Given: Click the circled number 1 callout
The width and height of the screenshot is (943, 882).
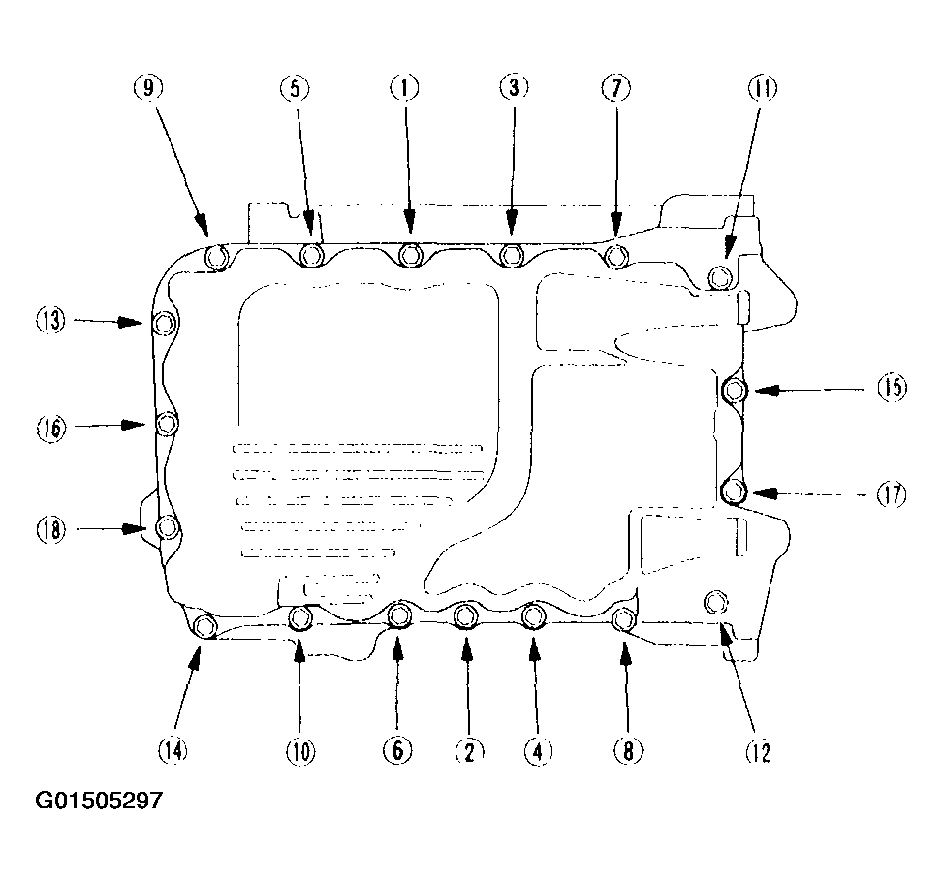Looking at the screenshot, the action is click(405, 88).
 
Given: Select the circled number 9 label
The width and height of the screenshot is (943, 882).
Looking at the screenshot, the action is click(148, 88).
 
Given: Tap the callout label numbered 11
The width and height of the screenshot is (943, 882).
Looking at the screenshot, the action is click(762, 88).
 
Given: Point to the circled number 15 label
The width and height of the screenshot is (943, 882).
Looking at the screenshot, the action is click(892, 388).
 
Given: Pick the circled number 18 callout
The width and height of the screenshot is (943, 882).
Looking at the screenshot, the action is click(50, 530).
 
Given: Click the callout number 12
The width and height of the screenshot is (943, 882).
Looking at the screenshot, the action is click(758, 751).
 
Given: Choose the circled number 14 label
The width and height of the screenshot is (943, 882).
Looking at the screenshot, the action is click(173, 750).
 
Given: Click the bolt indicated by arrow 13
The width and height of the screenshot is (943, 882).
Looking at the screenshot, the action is click(164, 324).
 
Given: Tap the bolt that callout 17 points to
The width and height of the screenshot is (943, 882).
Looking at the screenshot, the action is click(733, 491).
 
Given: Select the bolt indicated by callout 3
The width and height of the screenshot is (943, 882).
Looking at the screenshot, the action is click(511, 256).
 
